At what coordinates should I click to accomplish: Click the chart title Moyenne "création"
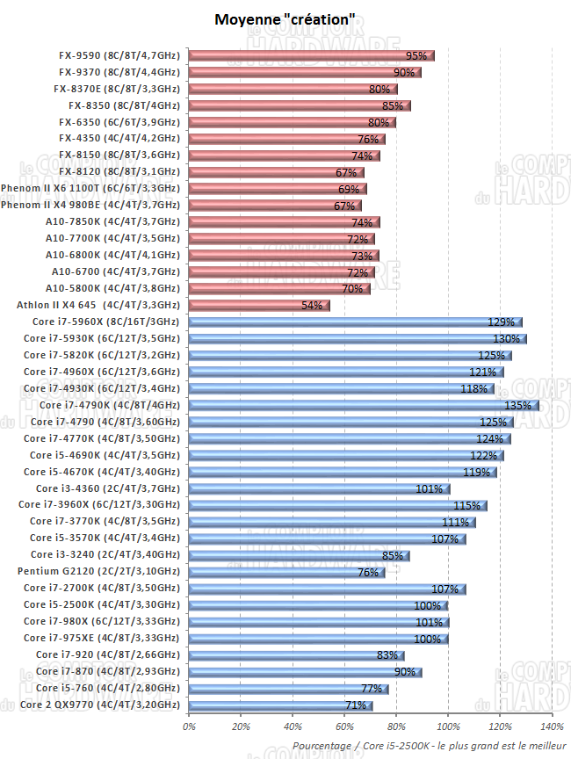pyautogui.click(x=285, y=18)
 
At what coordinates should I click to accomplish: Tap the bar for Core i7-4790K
pyautogui.click(x=363, y=405)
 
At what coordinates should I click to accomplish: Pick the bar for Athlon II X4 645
pyautogui.click(x=258, y=305)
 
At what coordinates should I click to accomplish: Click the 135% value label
pyautogui.click(x=518, y=405)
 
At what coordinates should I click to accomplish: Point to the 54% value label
pyautogui.click(x=313, y=306)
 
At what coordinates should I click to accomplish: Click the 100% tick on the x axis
pyautogui.click(x=448, y=726)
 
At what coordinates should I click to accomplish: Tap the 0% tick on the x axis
pyautogui.click(x=189, y=726)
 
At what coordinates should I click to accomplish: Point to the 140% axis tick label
pyautogui.click(x=552, y=726)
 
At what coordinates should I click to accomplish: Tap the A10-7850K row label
pyautogui.click(x=112, y=221)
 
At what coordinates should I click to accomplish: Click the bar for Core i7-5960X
pyautogui.click(x=355, y=322)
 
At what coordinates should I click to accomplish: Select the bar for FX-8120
pyautogui.click(x=276, y=172)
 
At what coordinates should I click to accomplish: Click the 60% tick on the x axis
pyautogui.click(x=344, y=726)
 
